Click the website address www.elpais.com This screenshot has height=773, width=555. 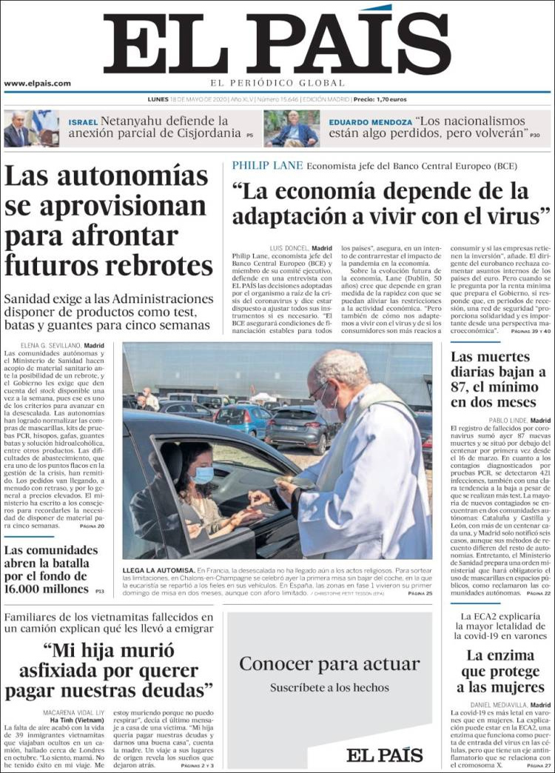tap(38, 84)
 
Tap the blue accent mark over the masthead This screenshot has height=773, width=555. tap(377, 8)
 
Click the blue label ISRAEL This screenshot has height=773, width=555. tap(83, 122)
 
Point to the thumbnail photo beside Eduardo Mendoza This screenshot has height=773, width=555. tap(292, 128)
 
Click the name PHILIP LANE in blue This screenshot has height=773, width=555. tap(267, 166)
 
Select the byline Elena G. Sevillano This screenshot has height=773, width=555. tap(53, 345)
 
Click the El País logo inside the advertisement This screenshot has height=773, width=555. tap(385, 754)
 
